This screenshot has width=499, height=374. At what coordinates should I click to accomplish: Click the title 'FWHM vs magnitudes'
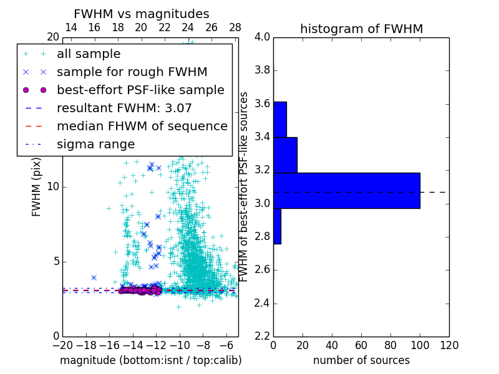coord(142,14)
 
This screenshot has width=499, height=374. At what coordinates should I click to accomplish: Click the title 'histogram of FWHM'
coord(361,29)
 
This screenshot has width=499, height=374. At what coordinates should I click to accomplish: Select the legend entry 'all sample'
coord(89,54)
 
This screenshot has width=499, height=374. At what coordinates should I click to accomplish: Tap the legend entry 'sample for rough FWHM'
coord(132,72)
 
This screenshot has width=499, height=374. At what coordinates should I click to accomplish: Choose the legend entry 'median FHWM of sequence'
coord(142,126)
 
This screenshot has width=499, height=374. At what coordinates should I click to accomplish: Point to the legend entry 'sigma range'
coord(95,144)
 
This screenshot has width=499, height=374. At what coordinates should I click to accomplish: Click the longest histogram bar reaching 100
coord(346,190)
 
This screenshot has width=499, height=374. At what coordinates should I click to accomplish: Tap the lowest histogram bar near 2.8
coord(277,226)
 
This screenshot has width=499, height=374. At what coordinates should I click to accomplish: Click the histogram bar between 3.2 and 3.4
coord(285,155)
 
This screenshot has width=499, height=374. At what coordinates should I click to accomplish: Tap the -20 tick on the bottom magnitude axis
coord(62,345)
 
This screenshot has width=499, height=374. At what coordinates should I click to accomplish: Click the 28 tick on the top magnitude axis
coord(235,27)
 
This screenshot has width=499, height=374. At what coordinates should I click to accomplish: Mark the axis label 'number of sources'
coord(361,360)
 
